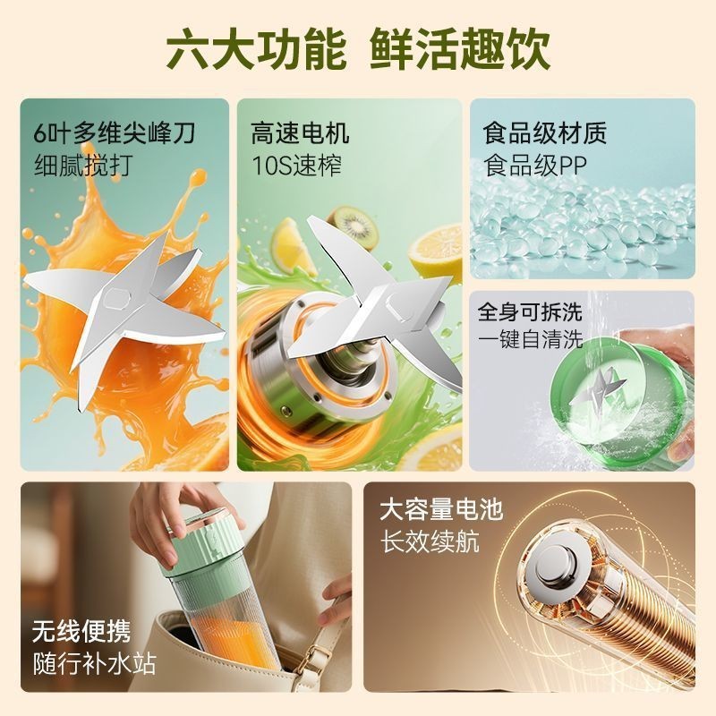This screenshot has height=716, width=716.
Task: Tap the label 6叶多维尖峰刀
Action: click(113, 134)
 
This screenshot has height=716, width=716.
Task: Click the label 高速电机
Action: click(301, 134)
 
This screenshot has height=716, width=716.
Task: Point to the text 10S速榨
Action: click(296, 165)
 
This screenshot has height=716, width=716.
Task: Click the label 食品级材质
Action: click(545, 134)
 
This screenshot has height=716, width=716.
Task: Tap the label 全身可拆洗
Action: click(530, 312)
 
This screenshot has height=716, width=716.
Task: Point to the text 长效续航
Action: click(429, 541)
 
